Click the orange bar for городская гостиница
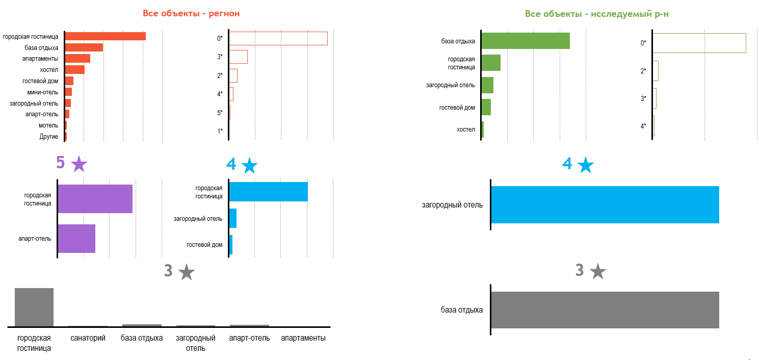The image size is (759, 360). [106, 36]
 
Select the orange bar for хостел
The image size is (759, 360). [75, 69]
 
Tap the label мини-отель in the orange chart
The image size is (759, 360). [43, 92]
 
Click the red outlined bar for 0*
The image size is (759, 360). [278, 38]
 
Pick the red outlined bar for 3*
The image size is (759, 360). [239, 57]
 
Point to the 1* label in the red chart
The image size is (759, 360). [220, 131]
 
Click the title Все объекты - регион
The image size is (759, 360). [191, 14]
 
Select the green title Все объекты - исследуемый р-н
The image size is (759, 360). [597, 14]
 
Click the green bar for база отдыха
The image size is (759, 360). [526, 41]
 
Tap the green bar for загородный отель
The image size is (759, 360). [488, 85]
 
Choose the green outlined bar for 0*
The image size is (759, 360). [699, 43]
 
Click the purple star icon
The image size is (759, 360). [79, 164]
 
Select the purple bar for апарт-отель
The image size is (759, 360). [76, 239]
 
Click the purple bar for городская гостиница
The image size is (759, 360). [95, 199]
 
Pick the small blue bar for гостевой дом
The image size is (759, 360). [231, 245]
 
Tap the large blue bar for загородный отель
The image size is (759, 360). [605, 205]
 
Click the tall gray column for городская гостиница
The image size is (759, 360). [34, 307]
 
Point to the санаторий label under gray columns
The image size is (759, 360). [88, 338]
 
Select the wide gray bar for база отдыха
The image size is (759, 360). [605, 310]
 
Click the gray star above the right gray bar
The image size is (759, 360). [598, 271]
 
